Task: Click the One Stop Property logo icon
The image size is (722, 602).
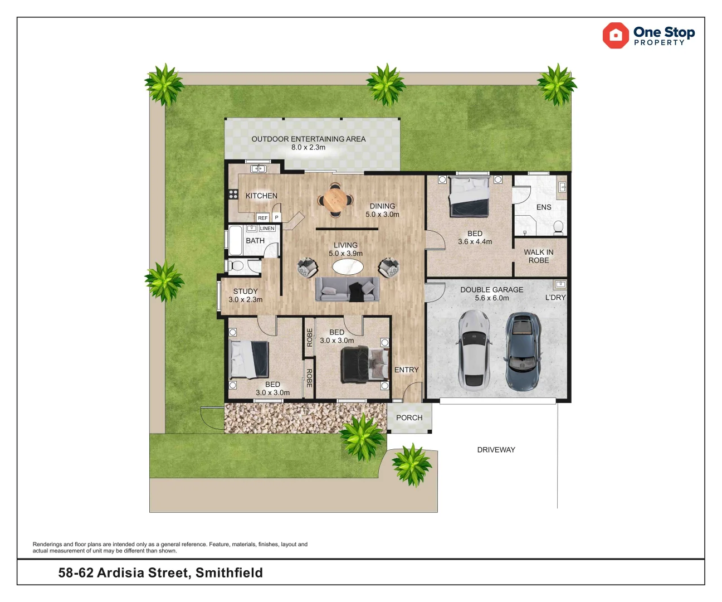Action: click(616, 36)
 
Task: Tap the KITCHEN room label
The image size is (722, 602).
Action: click(261, 196)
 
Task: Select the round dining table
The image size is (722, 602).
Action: click(335, 200)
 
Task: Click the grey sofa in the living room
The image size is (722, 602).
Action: click(348, 289)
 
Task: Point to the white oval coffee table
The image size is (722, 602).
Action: click(348, 267)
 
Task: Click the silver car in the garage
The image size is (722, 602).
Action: click(474, 349)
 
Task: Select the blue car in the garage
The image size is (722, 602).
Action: click(523, 350)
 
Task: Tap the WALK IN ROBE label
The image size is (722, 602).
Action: click(538, 256)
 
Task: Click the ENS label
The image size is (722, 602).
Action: click(544, 207)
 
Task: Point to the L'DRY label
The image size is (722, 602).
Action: click(555, 298)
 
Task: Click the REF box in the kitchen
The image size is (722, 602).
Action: click(262, 218)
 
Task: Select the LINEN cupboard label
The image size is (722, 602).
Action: click(267, 229)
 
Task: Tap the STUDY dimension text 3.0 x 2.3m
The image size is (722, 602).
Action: click(245, 300)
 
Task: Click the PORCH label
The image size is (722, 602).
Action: click(409, 417)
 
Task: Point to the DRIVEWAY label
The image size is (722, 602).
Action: click(496, 450)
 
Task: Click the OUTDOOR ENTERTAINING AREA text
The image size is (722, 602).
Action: click(308, 139)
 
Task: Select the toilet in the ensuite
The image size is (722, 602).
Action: click(558, 227)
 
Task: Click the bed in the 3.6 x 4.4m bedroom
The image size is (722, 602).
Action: click(470, 197)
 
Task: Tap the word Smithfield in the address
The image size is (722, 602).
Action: click(229, 573)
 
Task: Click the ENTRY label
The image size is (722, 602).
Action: click(406, 370)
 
